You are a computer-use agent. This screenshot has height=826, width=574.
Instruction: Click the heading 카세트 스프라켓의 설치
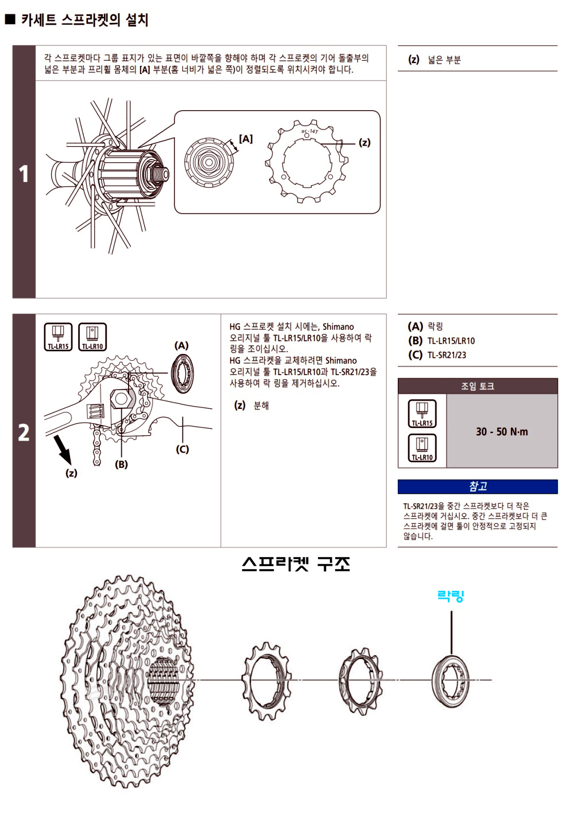84,20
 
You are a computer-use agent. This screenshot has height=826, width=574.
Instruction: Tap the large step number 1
24,174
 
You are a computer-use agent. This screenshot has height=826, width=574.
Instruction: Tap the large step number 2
24,432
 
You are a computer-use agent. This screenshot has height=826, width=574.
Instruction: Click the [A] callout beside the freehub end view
246,139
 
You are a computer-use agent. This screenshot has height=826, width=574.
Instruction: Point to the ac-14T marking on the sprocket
309,132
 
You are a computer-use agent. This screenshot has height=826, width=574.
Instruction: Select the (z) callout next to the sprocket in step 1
364,142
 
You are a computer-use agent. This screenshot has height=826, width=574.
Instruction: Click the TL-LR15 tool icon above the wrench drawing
58,337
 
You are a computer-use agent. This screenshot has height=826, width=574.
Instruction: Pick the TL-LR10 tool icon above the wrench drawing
92,337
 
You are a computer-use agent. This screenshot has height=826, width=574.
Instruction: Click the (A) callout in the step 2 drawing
181,345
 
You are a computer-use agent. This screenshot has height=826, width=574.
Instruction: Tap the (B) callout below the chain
121,465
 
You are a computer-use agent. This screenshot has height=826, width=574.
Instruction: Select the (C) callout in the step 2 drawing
182,449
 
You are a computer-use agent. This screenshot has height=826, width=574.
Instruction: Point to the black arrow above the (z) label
63,449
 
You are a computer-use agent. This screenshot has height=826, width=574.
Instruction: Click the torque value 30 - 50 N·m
502,432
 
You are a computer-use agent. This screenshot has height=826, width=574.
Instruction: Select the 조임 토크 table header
478,386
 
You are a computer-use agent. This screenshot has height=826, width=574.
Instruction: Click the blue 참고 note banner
478,486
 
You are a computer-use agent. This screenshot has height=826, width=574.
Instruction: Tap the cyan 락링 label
451,597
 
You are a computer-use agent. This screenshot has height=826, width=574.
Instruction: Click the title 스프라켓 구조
296,564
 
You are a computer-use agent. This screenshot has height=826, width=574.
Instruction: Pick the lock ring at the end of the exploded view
452,680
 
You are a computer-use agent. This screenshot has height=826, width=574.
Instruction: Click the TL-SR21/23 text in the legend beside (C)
447,355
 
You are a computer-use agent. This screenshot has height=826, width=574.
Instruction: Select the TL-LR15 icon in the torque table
422,414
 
